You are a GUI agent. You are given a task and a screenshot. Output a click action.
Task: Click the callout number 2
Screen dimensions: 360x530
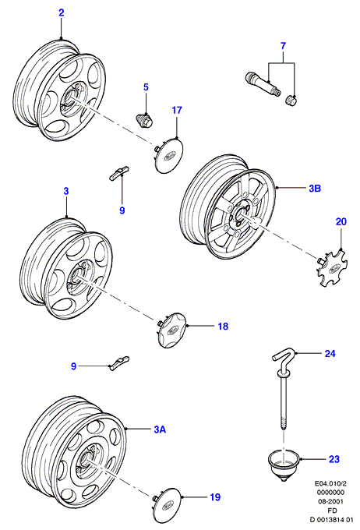click(62, 12)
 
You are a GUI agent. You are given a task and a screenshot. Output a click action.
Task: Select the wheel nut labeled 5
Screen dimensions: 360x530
click(146, 120)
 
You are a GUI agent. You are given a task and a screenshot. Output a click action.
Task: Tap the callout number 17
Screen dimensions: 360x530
click(177, 110)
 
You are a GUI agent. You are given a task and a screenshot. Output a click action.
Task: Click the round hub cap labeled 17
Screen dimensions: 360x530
click(168, 155)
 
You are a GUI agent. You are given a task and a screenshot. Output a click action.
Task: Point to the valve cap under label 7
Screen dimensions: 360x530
click(291, 101)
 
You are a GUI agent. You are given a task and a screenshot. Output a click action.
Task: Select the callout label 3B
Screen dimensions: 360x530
click(315, 188)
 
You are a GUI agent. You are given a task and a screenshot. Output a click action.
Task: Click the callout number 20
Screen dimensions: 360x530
click(341, 221)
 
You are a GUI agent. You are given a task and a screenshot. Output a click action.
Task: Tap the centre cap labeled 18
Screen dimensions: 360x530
click(171, 330)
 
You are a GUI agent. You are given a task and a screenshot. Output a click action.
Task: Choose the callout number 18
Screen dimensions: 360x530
click(223, 326)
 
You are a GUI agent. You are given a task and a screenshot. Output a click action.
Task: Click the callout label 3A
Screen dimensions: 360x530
click(160, 429)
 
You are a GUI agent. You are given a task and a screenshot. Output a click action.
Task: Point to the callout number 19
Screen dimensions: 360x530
click(215, 497)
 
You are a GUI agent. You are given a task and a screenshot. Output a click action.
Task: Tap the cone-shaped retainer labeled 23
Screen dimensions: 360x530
click(284, 464)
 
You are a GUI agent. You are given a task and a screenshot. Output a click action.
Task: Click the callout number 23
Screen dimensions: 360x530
click(334, 459)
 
